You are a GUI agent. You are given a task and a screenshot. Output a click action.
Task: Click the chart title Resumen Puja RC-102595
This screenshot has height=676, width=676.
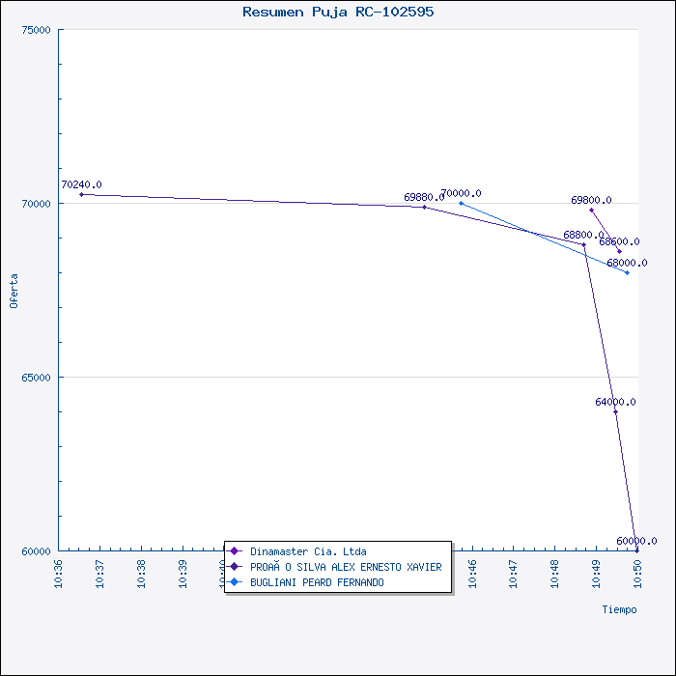click(x=338, y=12)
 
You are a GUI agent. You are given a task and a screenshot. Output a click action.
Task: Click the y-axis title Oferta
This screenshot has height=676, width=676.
click(x=14, y=291)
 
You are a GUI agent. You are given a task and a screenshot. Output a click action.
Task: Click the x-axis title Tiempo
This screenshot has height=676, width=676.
click(x=619, y=609)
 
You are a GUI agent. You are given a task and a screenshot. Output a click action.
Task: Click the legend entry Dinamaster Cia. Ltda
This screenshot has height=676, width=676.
click(x=307, y=551)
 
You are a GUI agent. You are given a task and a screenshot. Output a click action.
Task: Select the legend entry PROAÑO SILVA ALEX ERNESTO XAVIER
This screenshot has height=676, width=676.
click(x=345, y=567)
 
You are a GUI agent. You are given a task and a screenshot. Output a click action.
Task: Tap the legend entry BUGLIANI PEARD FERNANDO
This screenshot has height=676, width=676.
click(x=316, y=582)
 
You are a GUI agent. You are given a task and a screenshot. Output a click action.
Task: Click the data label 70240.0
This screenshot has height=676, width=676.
click(x=81, y=184)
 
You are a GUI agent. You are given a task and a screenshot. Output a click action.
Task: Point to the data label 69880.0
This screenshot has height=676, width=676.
click(x=424, y=197)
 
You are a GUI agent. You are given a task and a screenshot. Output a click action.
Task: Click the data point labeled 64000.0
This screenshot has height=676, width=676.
click(x=615, y=411)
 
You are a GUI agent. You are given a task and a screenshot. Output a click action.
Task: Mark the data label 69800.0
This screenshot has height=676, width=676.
click(x=591, y=201)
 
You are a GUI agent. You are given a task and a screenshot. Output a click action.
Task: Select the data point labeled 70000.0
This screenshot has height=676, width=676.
click(x=461, y=203)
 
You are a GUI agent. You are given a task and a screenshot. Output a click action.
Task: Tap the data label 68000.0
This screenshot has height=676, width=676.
click(x=627, y=263)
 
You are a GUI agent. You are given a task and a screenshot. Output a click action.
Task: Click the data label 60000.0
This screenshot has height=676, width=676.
click(x=636, y=541)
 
